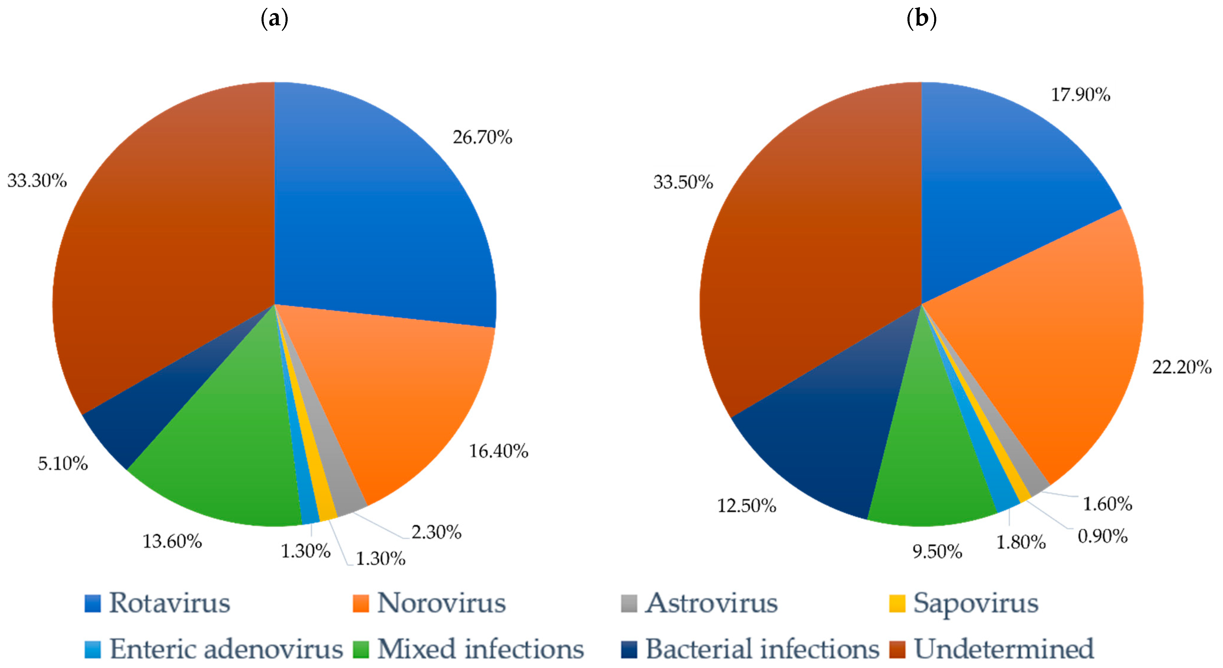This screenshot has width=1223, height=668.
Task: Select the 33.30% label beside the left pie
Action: [x=37, y=181]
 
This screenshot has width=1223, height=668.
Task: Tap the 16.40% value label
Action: [x=498, y=451]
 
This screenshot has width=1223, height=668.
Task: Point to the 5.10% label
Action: [x=63, y=463]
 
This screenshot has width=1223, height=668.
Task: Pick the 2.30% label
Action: [x=436, y=532]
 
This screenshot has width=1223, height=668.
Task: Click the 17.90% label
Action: [x=1080, y=95]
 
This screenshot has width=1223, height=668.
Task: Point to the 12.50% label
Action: [x=746, y=505]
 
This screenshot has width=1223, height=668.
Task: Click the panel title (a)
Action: [x=274, y=19]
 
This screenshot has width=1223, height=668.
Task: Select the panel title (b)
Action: [x=921, y=19]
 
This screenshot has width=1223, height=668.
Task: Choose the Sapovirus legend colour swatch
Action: [x=897, y=604]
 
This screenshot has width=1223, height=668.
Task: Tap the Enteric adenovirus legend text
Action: [x=226, y=649]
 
